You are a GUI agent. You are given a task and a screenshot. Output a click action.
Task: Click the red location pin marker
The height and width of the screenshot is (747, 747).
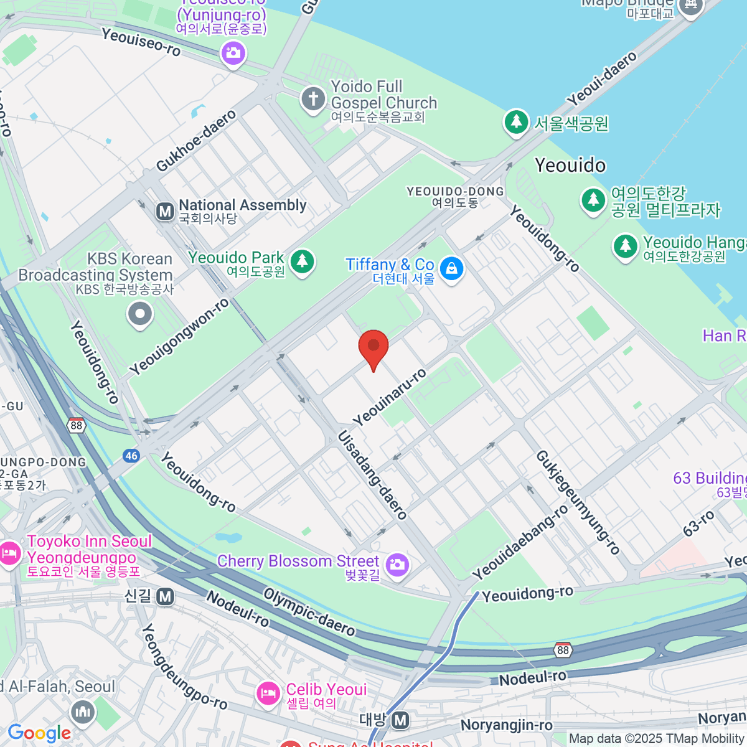tap(374, 347)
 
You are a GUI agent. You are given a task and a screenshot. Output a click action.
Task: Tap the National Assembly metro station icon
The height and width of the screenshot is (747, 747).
tap(165, 212)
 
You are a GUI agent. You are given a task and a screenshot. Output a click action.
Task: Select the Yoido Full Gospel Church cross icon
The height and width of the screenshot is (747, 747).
tap(313, 98)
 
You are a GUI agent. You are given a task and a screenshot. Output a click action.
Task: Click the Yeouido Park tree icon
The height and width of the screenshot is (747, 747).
tap(303, 260)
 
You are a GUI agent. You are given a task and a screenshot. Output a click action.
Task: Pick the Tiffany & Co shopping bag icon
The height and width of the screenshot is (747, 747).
tap(451, 269)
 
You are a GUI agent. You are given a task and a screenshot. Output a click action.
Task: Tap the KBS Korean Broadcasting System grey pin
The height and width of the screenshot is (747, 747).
tap(140, 314)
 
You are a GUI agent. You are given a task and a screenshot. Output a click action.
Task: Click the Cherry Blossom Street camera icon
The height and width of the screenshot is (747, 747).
tap(397, 565)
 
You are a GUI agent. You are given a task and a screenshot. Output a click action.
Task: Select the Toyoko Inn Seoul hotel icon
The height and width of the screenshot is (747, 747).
tap(10, 553)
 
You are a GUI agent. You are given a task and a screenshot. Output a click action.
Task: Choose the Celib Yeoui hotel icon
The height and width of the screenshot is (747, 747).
tap(268, 693)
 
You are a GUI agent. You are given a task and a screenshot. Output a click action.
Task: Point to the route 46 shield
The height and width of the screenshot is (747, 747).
tap(131, 456)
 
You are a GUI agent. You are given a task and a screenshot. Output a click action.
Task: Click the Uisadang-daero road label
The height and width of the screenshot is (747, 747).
tap(372, 475)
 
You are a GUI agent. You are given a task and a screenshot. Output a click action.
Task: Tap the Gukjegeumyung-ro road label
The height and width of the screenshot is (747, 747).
tap(578, 502)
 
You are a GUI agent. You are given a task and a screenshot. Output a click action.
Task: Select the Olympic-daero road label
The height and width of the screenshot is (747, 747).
tap(309, 613)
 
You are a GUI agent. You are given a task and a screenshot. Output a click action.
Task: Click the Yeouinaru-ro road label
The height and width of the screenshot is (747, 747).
tap(390, 397)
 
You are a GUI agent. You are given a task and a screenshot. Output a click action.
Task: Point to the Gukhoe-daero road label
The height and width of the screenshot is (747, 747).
tap(196, 141)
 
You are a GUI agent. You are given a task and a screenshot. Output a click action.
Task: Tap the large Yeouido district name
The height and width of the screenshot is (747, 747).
tap(570, 165)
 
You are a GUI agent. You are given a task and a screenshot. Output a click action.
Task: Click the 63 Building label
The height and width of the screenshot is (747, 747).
tap(710, 478)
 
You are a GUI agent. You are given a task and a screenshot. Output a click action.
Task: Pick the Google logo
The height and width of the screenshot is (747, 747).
tap(39, 733)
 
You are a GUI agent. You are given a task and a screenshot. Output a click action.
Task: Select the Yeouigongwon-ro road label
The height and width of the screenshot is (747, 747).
tap(179, 337)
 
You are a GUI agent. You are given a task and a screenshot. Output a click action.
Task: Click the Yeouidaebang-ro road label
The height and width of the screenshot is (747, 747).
tap(520, 542)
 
